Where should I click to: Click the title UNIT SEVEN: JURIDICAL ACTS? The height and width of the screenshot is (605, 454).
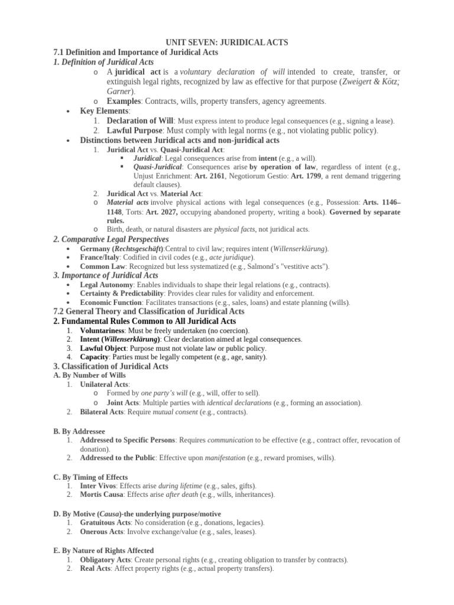click(226, 43)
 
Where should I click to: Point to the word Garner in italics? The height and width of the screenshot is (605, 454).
click(120, 92)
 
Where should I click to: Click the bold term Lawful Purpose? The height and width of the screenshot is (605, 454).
click(135, 131)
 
